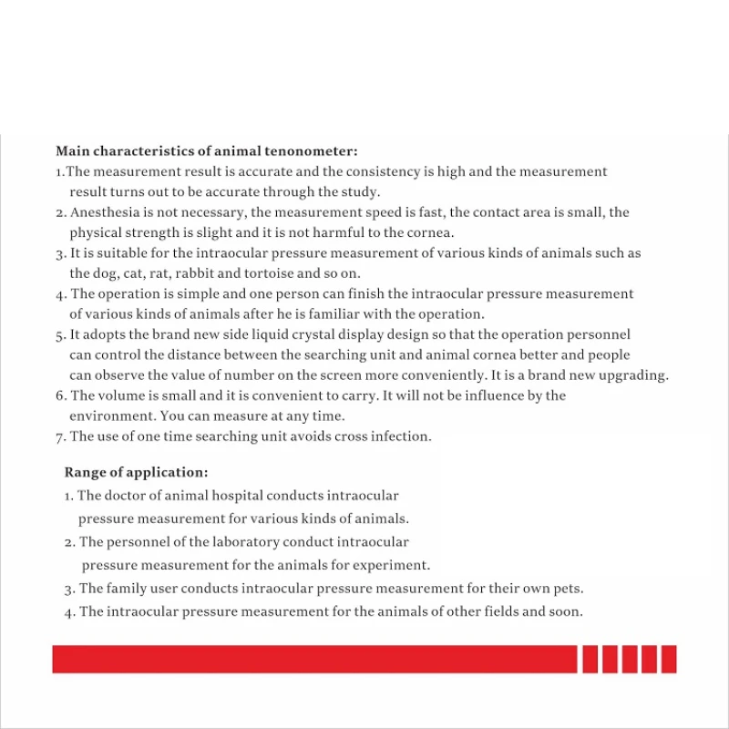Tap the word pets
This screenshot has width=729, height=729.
(x=568, y=589)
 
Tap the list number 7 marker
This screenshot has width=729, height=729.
(x=59, y=437)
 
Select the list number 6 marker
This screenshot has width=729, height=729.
(x=59, y=395)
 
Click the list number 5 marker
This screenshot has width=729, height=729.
(x=59, y=335)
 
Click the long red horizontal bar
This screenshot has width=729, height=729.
(x=314, y=659)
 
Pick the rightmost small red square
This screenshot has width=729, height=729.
(x=669, y=659)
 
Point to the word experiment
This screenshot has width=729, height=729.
(x=393, y=565)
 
